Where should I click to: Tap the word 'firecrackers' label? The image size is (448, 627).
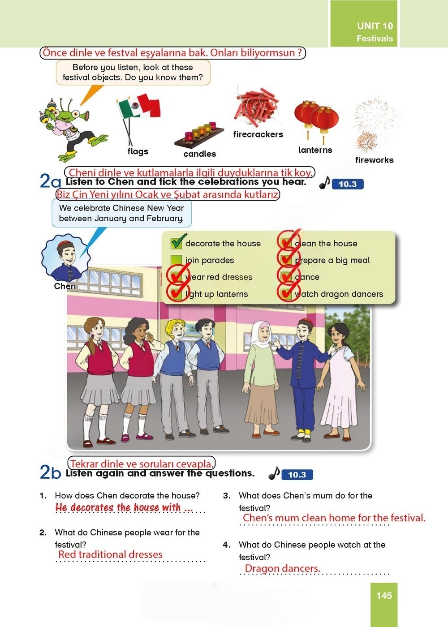[258, 134]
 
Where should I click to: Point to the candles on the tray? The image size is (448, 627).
[199, 135]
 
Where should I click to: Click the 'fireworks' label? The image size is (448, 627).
[375, 160]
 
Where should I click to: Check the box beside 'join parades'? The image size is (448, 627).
[176, 260]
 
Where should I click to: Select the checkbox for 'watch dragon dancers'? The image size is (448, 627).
[286, 293]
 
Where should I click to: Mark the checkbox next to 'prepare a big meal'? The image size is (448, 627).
[286, 259]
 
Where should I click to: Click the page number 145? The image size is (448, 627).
[384, 595]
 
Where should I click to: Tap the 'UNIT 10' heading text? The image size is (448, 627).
[375, 26]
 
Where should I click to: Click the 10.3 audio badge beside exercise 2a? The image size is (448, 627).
[348, 184]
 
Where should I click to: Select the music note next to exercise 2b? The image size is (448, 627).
[274, 473]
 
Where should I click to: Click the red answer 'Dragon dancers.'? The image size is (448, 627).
[282, 568]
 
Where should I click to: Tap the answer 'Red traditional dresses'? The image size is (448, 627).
[110, 554]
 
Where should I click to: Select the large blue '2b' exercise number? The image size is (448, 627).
[50, 472]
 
